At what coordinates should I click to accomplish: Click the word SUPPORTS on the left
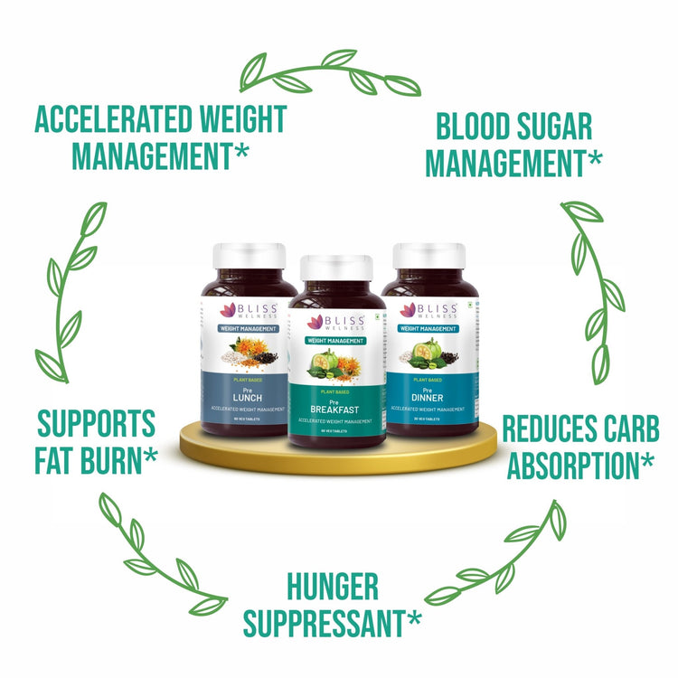(97, 423)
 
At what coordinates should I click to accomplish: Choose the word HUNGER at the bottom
(332, 587)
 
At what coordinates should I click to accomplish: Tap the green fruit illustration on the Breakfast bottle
(324, 363)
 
